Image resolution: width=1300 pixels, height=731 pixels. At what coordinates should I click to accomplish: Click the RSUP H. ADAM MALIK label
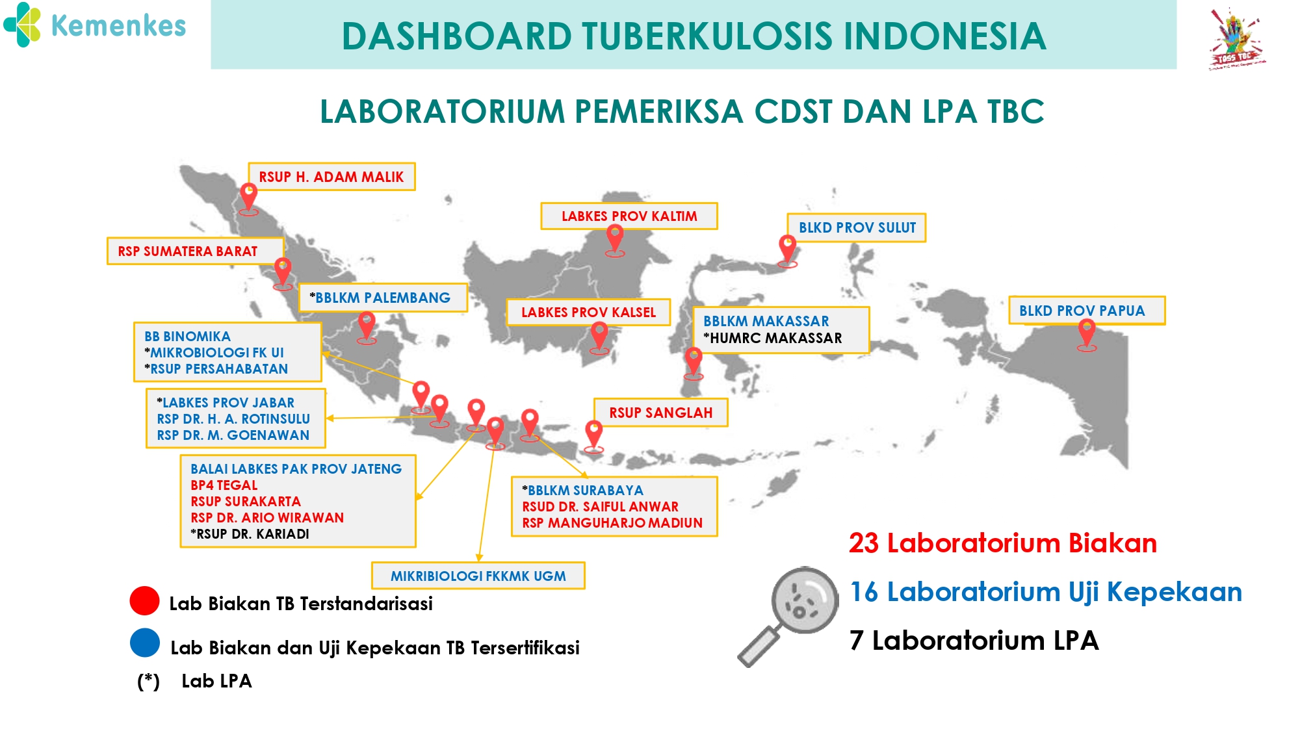click(331, 177)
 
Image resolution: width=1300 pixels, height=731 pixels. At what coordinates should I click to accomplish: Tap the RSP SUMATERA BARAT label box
click(195, 251)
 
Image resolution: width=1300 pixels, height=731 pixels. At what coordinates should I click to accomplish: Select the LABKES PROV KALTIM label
click(629, 216)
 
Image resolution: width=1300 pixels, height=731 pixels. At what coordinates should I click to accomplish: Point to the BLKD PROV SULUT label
click(857, 227)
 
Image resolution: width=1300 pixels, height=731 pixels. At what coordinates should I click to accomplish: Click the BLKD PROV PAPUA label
click(1087, 311)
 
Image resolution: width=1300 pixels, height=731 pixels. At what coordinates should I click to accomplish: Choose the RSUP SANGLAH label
click(660, 413)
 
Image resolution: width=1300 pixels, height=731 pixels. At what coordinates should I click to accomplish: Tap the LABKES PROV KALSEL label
click(588, 312)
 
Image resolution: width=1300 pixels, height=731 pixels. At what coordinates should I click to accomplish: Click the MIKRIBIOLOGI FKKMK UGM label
click(478, 576)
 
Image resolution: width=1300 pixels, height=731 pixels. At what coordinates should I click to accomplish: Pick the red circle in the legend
click(144, 600)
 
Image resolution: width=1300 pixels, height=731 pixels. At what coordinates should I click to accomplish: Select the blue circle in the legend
click(144, 643)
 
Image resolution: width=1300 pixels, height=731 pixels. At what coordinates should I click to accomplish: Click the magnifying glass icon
click(788, 616)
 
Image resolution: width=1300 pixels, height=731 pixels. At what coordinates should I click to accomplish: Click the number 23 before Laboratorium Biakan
click(864, 543)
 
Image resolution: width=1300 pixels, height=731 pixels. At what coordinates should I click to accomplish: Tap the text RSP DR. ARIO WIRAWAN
click(267, 518)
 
